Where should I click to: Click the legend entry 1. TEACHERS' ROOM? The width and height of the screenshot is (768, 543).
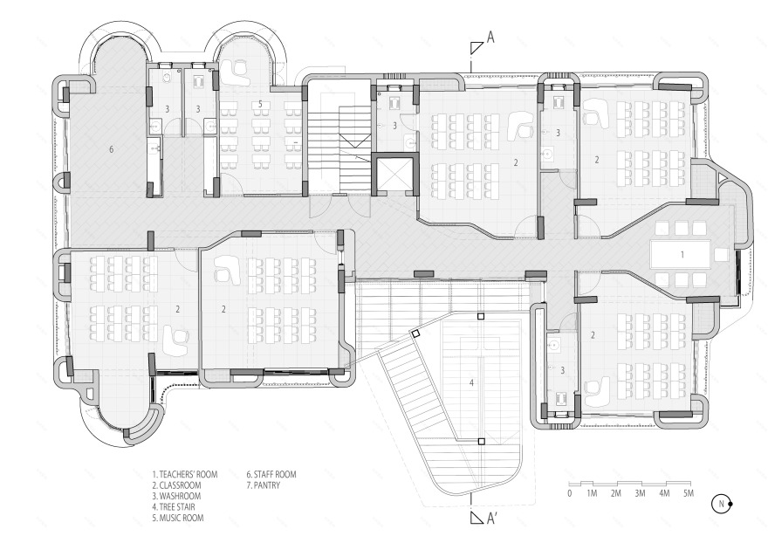pos(185,474)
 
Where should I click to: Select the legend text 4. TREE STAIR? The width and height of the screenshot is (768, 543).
pos(174,506)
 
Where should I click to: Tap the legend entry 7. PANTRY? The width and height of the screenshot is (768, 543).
pos(263,485)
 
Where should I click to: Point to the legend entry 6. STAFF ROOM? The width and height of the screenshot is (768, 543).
pos(271,474)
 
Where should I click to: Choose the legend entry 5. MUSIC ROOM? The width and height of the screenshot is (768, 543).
pos(178,518)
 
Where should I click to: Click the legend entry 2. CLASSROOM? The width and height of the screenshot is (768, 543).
pos(176,485)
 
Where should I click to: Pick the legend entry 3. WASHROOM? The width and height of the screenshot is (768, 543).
pos(176,496)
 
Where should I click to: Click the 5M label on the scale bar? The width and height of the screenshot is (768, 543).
pos(689,493)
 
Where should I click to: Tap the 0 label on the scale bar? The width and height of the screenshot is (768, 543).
pos(570,493)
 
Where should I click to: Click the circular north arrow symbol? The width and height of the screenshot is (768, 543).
pos(722,504)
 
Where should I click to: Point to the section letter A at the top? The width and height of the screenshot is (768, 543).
pos(490,38)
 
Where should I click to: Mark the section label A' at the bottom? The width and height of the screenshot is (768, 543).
pos(491,519)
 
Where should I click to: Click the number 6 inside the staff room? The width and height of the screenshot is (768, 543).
pos(111,149)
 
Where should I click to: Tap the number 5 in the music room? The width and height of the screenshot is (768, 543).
pos(261,104)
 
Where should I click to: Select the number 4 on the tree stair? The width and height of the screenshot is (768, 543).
pos(471,382)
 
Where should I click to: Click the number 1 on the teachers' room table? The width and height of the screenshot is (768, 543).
pos(682,254)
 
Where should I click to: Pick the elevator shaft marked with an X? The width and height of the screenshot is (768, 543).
pos(394,174)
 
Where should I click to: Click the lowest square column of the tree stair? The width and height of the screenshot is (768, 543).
pos(481,442)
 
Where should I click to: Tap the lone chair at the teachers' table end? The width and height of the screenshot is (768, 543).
pos(721,254)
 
